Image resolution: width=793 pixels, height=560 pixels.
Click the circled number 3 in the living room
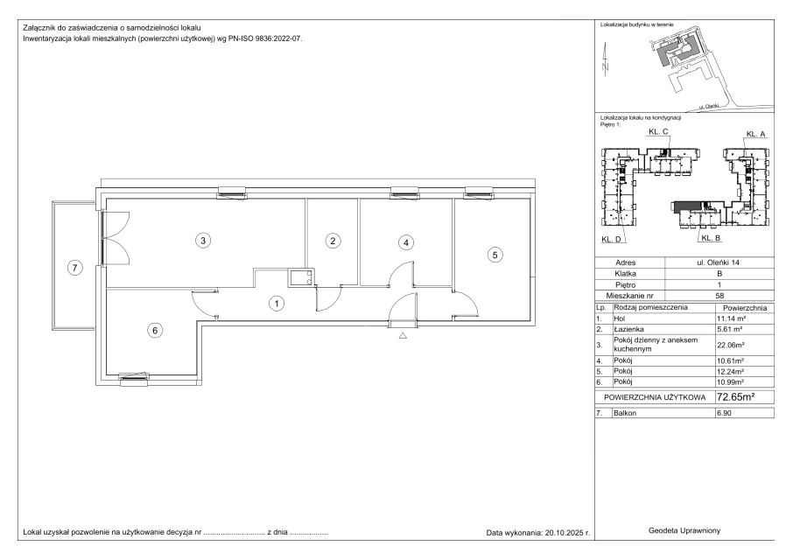203,240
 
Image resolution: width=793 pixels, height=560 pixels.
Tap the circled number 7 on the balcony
75,268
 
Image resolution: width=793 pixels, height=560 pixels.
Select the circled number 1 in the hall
276,304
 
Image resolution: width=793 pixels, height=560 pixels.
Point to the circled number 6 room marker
155,331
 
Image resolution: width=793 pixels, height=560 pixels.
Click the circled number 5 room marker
495,255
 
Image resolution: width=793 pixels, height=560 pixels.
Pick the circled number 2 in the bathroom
333,241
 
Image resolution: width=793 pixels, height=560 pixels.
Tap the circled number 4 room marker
405,242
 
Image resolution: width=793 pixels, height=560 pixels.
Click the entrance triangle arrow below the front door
403,335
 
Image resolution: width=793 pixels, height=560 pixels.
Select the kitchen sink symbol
300,277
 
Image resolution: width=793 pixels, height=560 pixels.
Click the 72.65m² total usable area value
736,396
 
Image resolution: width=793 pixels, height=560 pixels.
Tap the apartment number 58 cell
719,296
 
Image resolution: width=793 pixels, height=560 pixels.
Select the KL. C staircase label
658,131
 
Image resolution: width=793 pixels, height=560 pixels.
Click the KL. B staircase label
711,237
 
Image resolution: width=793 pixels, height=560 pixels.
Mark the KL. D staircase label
611,240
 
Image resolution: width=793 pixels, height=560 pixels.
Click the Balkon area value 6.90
724,413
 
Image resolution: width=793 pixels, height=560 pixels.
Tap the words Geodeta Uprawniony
684,530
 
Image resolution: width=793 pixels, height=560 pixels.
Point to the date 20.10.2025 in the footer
563,533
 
